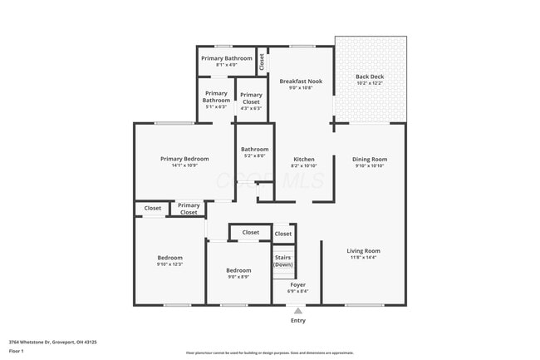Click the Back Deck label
coord(370,76)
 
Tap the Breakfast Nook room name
coord(301,81)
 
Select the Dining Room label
coord(370,159)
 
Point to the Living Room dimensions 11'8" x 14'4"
coord(363,258)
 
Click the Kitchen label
coord(304,159)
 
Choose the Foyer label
coord(297,285)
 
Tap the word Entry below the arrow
coord(297,320)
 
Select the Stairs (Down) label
coord(283,261)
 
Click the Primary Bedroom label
coord(184,159)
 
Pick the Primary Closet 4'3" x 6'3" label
coord(251,101)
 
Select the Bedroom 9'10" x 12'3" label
coord(169,260)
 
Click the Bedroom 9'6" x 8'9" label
coord(238,274)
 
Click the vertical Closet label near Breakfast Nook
coord(262,61)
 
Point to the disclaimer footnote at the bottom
coord(269,353)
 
